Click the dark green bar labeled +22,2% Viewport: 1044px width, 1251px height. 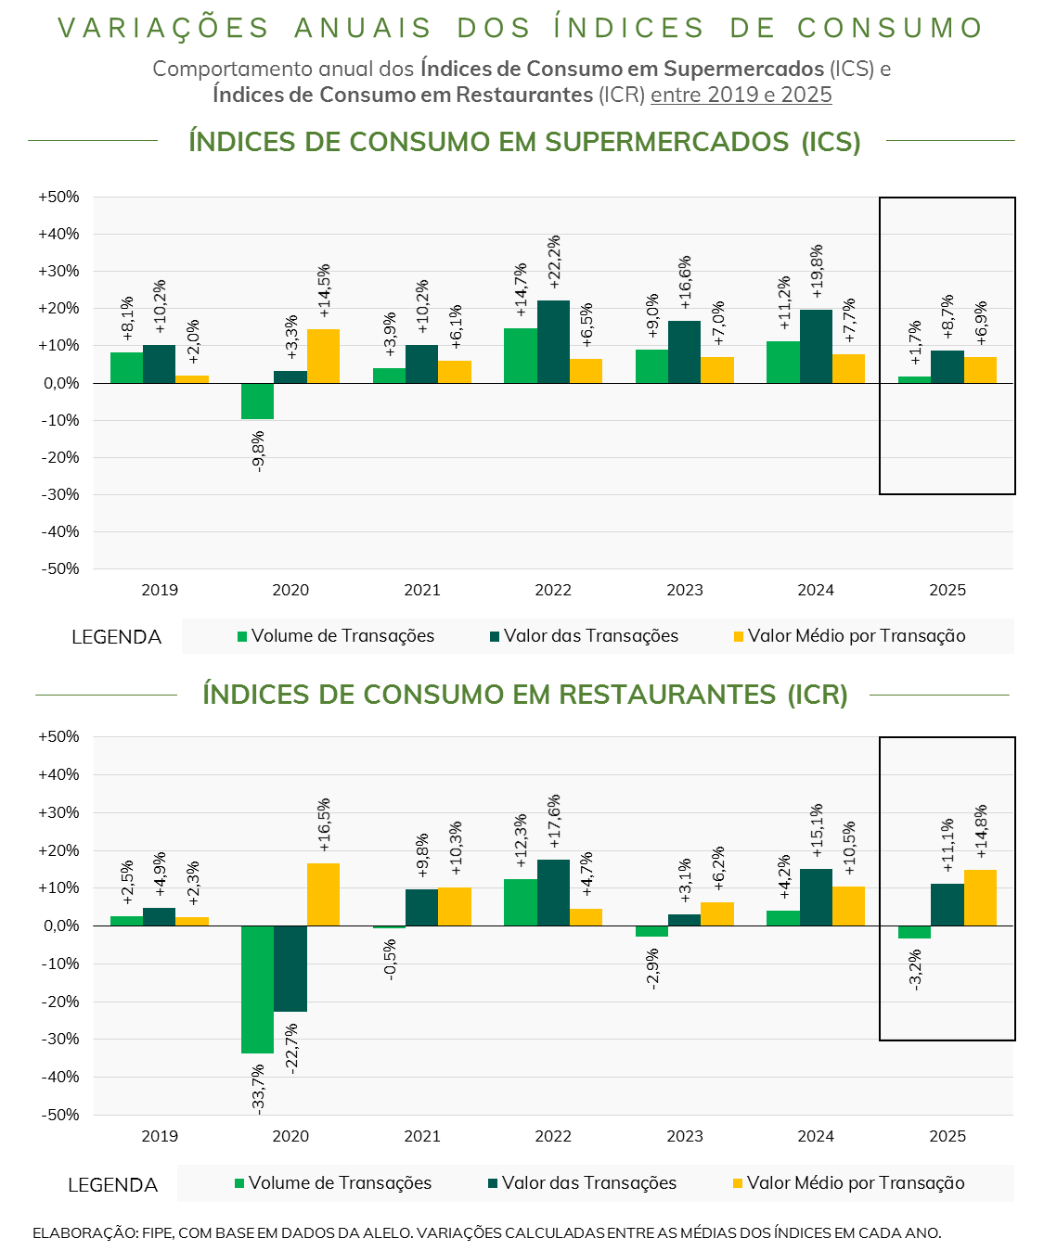click(x=553, y=341)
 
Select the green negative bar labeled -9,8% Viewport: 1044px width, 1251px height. click(x=257, y=401)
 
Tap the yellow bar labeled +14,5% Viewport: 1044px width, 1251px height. click(x=323, y=356)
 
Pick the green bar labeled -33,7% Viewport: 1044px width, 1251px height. click(x=257, y=989)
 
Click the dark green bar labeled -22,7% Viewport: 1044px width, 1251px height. click(x=290, y=968)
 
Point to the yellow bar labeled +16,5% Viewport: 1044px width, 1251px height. click(x=323, y=894)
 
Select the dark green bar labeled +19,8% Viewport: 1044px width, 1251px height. click(x=816, y=346)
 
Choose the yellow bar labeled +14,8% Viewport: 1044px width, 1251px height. click(x=980, y=898)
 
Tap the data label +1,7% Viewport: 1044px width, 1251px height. click(x=915, y=342)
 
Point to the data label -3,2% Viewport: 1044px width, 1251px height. click(x=916, y=969)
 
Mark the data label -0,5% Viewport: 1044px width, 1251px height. click(x=390, y=960)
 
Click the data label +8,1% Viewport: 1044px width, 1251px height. click(x=127, y=318)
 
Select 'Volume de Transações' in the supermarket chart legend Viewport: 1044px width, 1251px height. click(x=342, y=636)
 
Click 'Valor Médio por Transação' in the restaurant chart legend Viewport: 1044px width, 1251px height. click(x=856, y=1183)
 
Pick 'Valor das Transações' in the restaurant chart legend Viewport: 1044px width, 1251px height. click(x=589, y=1183)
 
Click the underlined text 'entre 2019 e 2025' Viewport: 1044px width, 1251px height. click(x=741, y=95)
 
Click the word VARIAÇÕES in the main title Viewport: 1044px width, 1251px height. click(x=163, y=29)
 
